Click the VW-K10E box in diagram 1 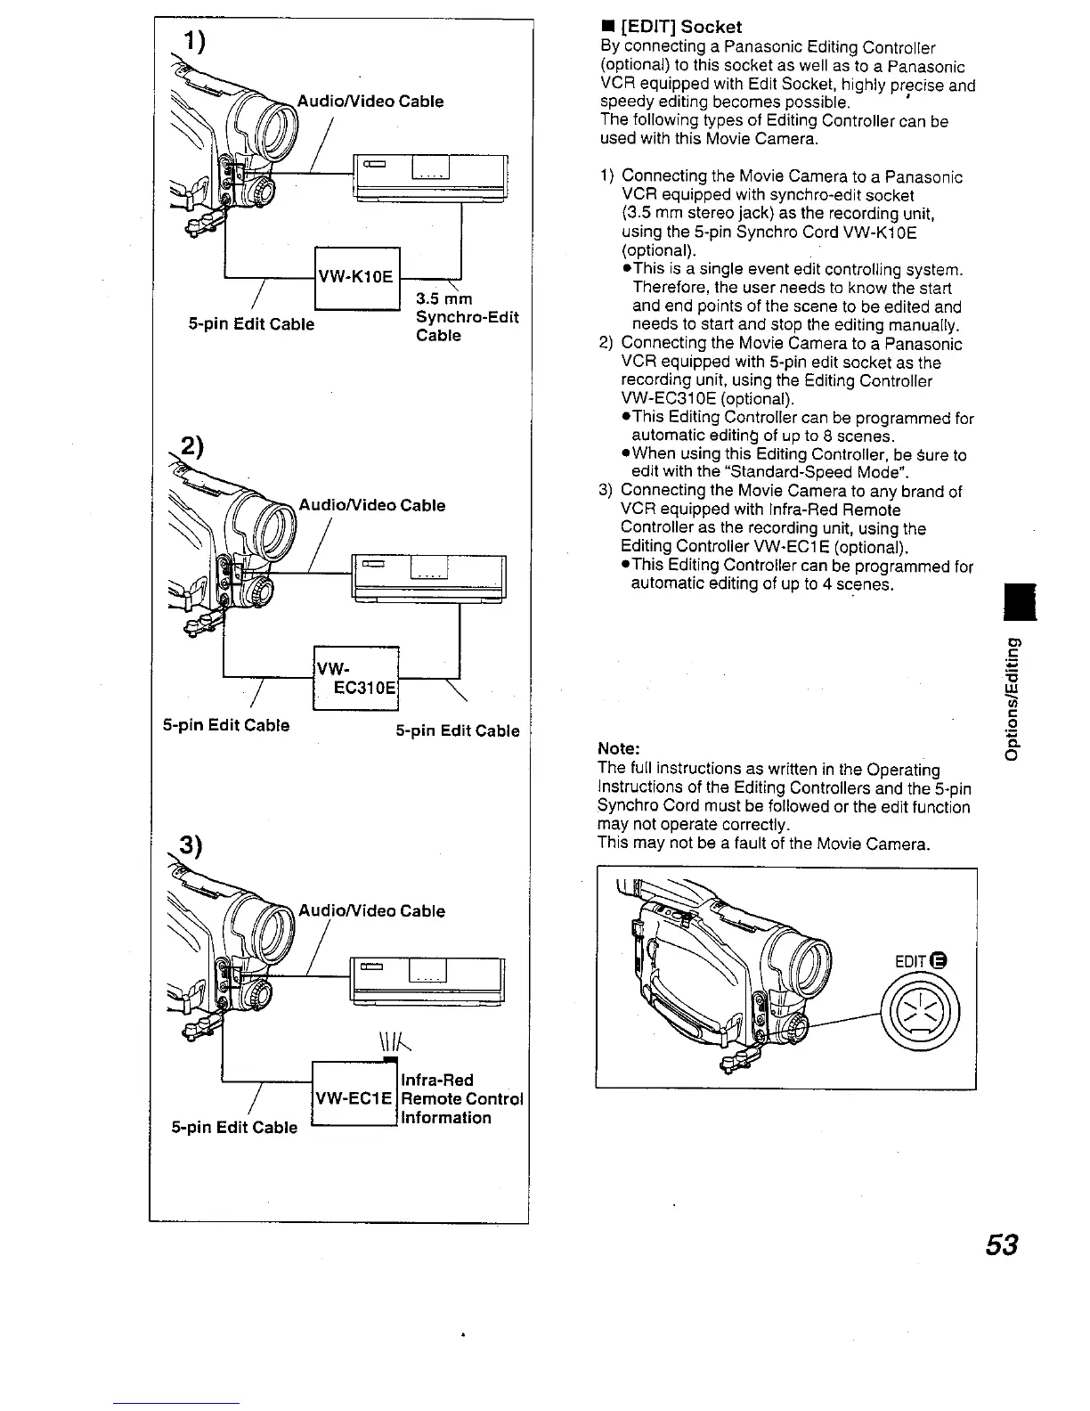pos(356,277)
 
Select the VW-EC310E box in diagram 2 pos(356,677)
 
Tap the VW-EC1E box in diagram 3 pos(354,1098)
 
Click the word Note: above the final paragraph pos(619,748)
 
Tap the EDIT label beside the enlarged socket pos(911,961)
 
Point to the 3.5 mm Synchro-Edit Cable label pos(467,316)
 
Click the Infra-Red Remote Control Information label pos(461,1099)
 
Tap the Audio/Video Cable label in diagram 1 pos(370,102)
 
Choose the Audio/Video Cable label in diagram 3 pos(370,911)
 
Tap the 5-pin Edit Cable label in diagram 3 pos(234,1127)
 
